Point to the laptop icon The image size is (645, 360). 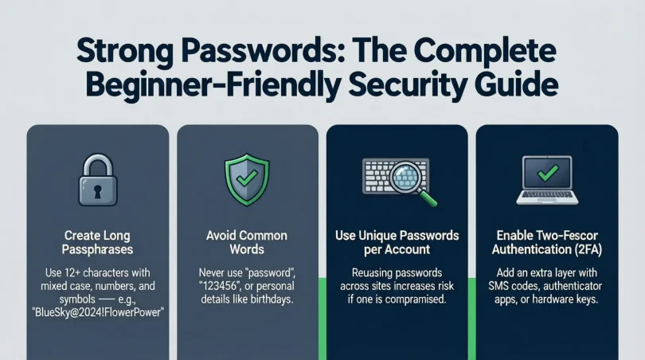click(547, 180)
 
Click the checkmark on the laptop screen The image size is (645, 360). click(547, 173)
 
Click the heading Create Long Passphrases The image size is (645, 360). click(98, 244)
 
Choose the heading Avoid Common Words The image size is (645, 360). click(247, 244)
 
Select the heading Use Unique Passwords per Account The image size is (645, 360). click(397, 244)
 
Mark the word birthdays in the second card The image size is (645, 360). click(267, 300)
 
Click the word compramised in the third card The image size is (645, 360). click(416, 300)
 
